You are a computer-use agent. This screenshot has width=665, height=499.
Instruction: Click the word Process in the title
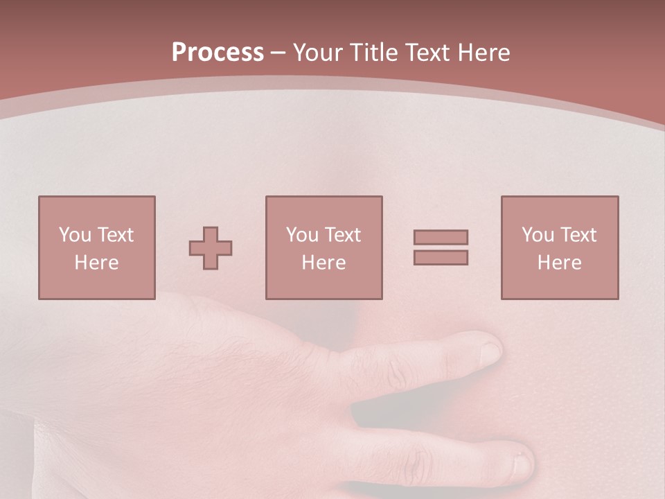coord(218,52)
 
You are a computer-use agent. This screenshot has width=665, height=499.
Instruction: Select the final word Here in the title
coord(482,53)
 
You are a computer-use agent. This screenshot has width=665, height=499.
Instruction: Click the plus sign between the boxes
coord(211,248)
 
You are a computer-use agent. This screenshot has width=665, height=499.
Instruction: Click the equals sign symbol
coord(441,247)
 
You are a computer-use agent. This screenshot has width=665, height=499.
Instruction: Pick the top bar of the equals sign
coord(441,237)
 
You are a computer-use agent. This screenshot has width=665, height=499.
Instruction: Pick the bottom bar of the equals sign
coord(441,258)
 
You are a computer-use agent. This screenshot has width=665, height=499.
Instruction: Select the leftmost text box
coord(97,247)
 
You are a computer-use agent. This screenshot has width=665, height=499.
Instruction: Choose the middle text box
coord(323,247)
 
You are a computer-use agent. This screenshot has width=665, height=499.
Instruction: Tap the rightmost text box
coord(559,247)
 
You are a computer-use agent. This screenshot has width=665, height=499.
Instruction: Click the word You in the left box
coord(75,235)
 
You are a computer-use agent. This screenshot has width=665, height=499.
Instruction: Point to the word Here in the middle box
coord(323,263)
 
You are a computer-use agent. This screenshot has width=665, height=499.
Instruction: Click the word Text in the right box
coord(578,235)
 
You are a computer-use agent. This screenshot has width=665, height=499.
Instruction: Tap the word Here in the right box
coord(559,263)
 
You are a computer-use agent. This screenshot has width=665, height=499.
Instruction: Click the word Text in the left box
coord(116,235)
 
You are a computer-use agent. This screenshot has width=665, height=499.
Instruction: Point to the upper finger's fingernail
coord(490,351)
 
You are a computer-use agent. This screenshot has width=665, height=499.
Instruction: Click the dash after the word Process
coord(278,53)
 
